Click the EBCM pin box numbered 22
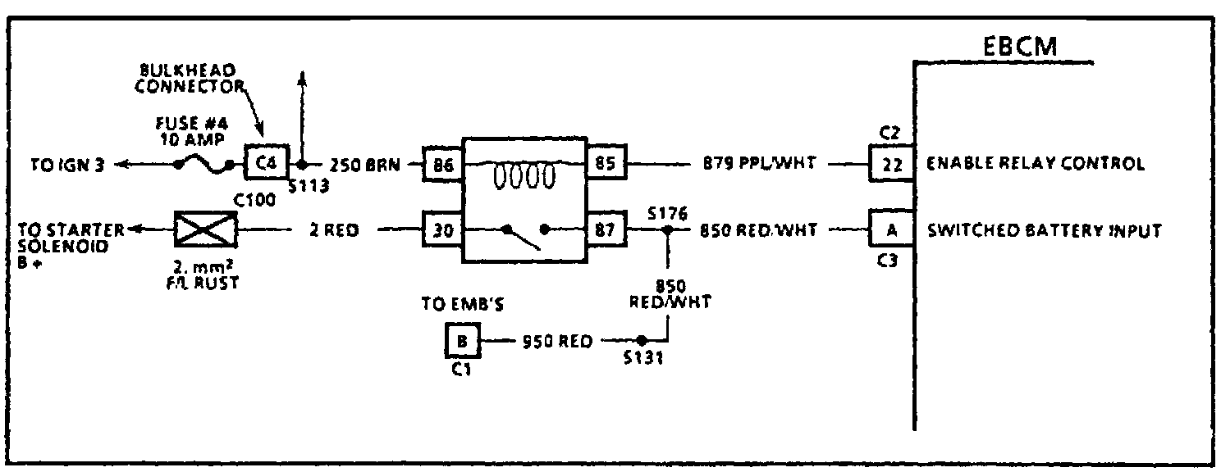(889, 164)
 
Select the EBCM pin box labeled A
(889, 230)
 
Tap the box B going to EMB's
(462, 340)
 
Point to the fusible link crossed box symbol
(205, 230)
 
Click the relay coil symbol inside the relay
(524, 175)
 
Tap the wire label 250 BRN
(364, 165)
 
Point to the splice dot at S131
(642, 340)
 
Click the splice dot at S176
(667, 231)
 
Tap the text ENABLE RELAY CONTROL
(1035, 164)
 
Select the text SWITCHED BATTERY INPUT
(1044, 230)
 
